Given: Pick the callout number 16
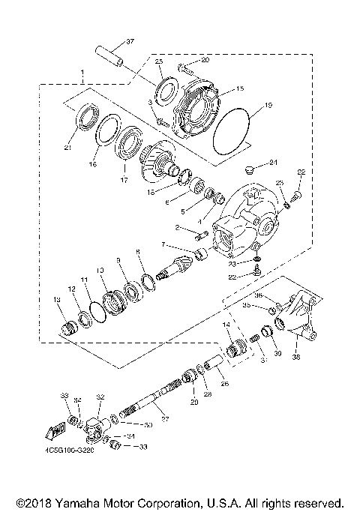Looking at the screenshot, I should (94, 162).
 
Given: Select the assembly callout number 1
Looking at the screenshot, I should (81, 75).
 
